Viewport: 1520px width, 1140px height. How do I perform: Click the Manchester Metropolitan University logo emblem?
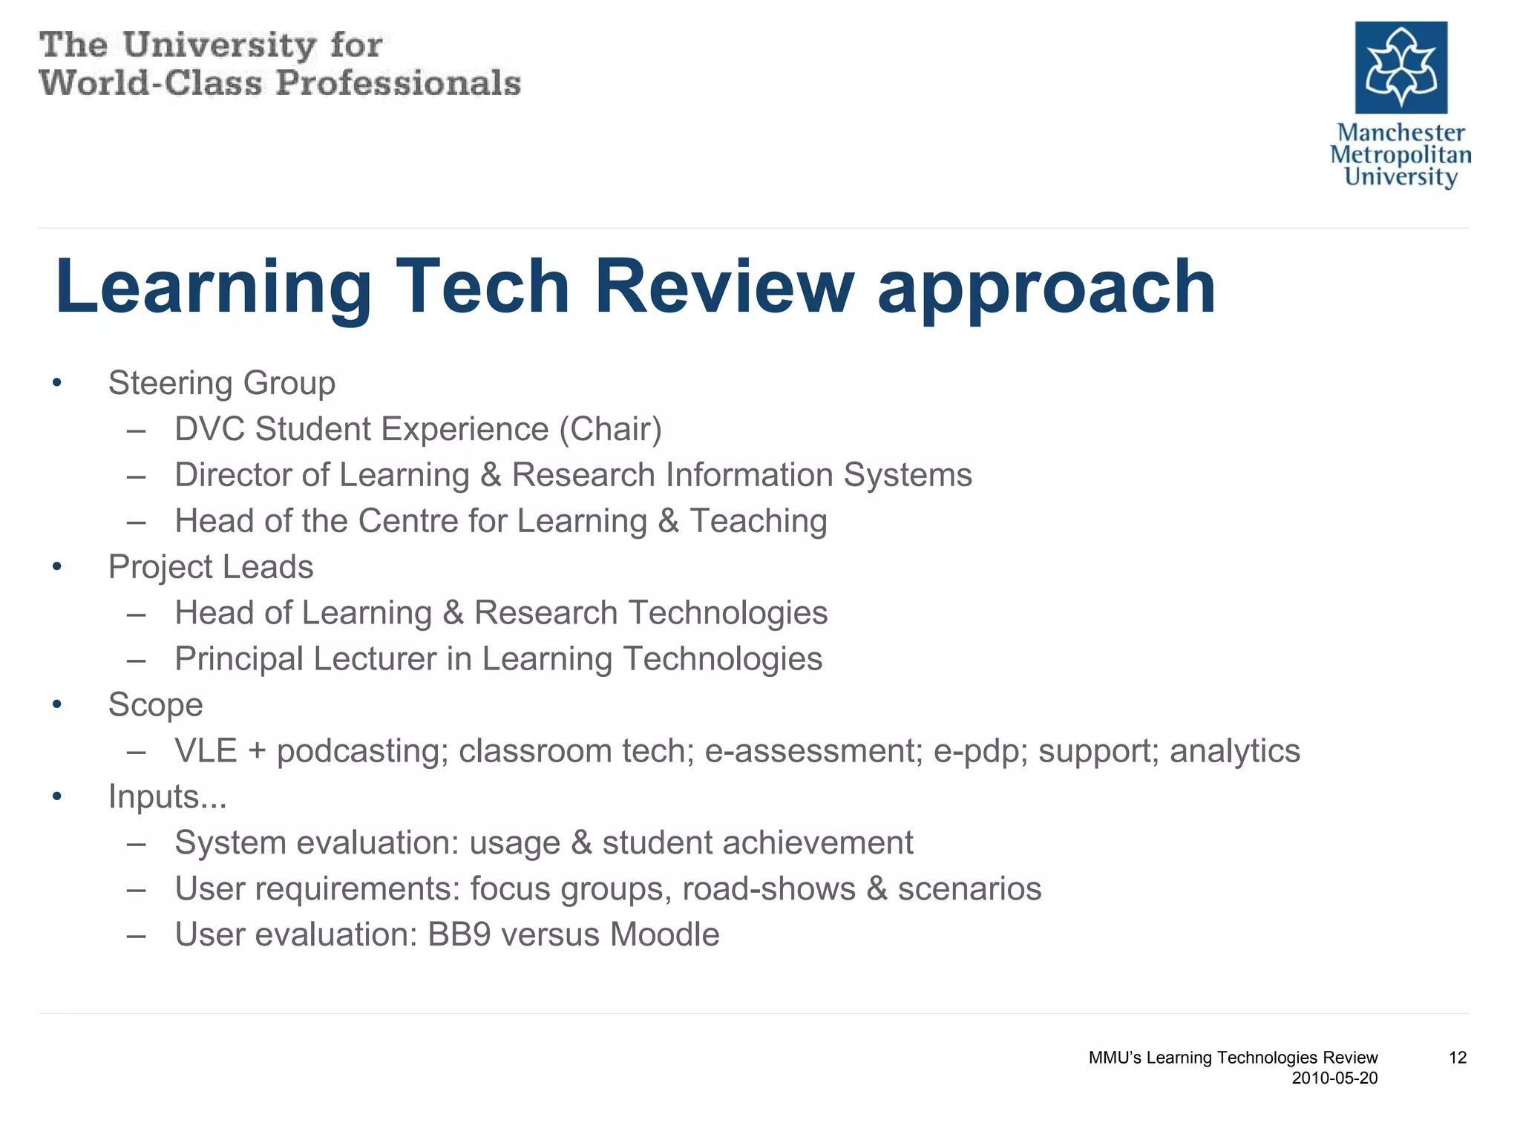(1401, 68)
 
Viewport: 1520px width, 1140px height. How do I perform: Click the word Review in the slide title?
(724, 287)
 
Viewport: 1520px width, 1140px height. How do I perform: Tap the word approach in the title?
(1046, 289)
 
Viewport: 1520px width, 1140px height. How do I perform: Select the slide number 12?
(1457, 1058)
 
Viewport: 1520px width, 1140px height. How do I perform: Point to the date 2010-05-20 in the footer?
(1334, 1078)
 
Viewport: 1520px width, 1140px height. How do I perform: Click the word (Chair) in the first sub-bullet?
(610, 429)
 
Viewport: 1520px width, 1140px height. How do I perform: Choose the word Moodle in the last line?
(664, 934)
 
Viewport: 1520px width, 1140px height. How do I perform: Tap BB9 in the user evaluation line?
(459, 934)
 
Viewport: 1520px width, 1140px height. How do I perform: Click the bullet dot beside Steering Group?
(57, 384)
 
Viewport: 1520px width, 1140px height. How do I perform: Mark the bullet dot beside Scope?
(57, 705)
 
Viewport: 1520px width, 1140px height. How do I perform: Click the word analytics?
(1234, 751)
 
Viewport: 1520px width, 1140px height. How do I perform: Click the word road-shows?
(768, 888)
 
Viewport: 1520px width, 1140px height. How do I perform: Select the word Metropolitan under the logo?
(1400, 155)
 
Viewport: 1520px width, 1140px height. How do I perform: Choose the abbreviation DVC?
(209, 429)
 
